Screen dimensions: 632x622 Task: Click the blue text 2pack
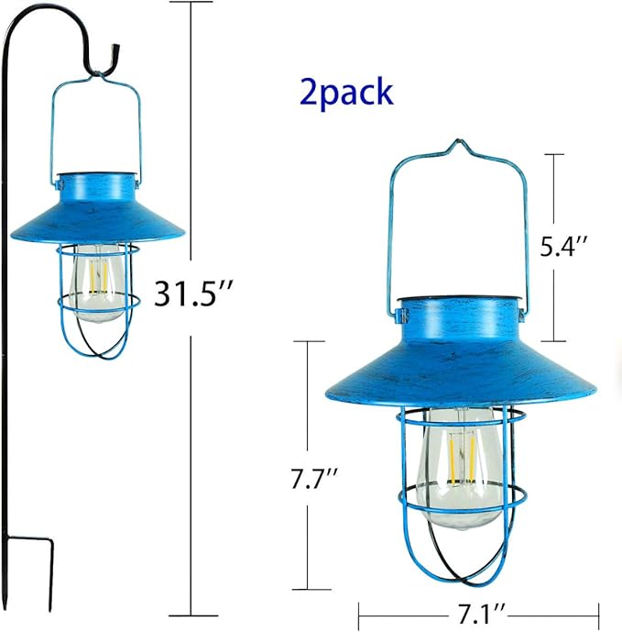point(345,92)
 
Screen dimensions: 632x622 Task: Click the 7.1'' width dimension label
point(479,612)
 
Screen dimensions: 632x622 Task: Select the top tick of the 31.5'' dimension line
point(192,3)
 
